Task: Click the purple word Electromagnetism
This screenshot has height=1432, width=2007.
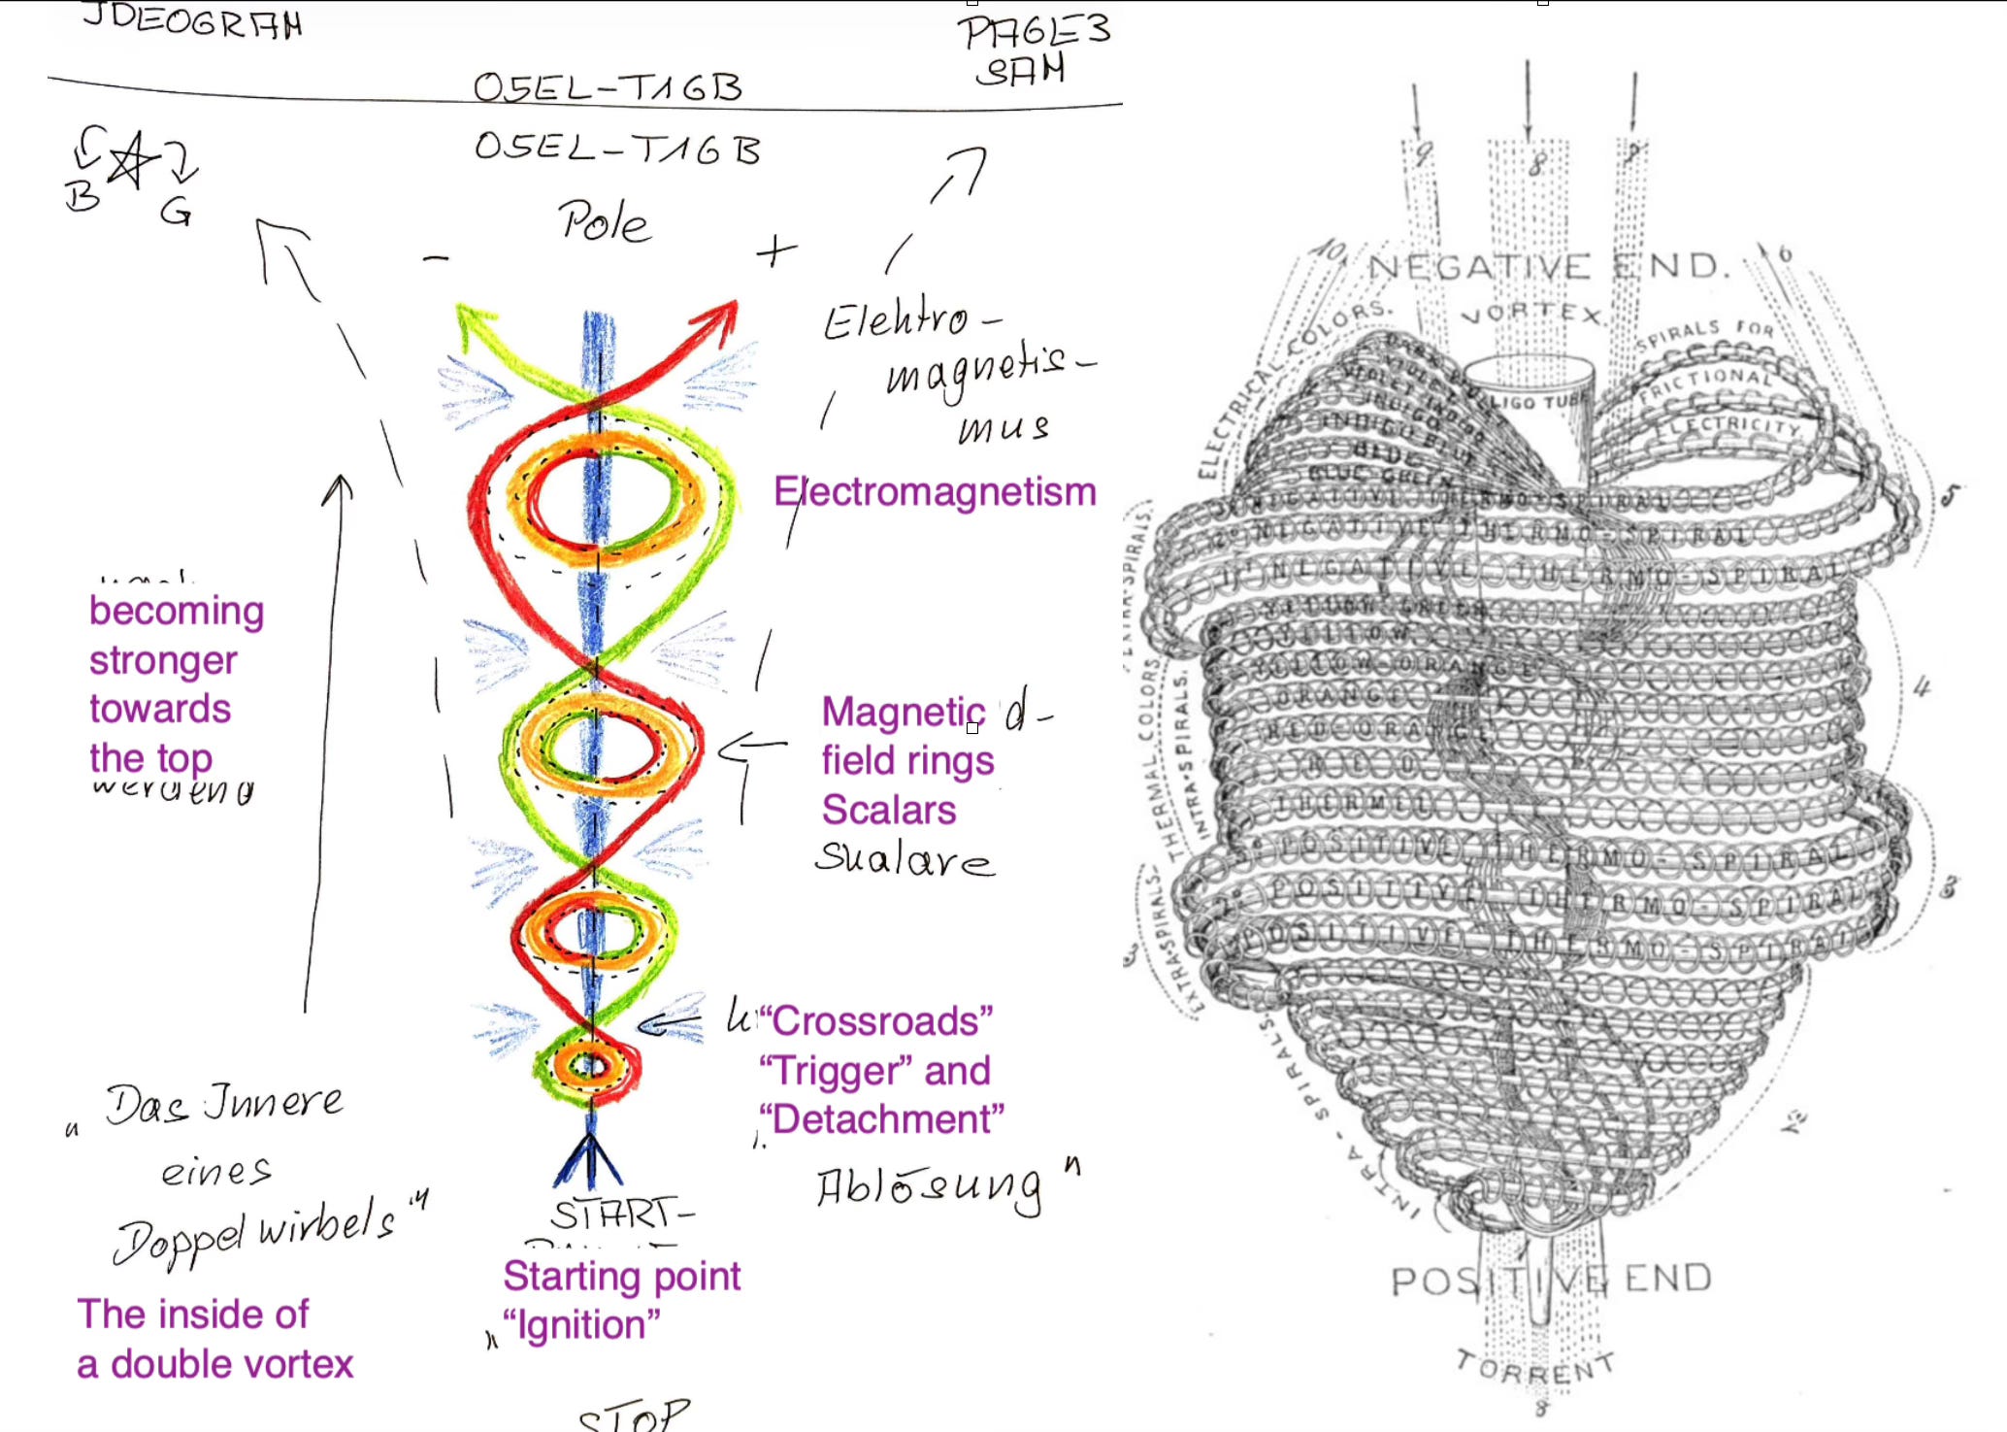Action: pos(935,492)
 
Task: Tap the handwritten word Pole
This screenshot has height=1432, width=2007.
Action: pos(603,222)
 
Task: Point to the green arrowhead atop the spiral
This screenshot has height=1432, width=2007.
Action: pos(472,321)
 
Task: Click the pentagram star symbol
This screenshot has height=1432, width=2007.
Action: pos(132,160)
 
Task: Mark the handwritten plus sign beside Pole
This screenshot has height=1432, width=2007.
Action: pos(775,250)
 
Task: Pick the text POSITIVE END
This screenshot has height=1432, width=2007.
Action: pos(1551,1280)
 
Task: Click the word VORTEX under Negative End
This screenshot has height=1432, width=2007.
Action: pos(1531,313)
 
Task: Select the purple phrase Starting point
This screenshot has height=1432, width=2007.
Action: pos(621,1276)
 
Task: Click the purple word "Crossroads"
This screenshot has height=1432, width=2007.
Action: pos(875,1021)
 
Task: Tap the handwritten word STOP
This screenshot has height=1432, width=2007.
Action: pos(634,1415)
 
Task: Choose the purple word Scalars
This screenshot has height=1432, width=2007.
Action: pos(888,810)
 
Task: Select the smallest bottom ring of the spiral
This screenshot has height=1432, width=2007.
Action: pos(588,1067)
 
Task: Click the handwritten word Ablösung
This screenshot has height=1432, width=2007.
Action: pos(929,1188)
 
